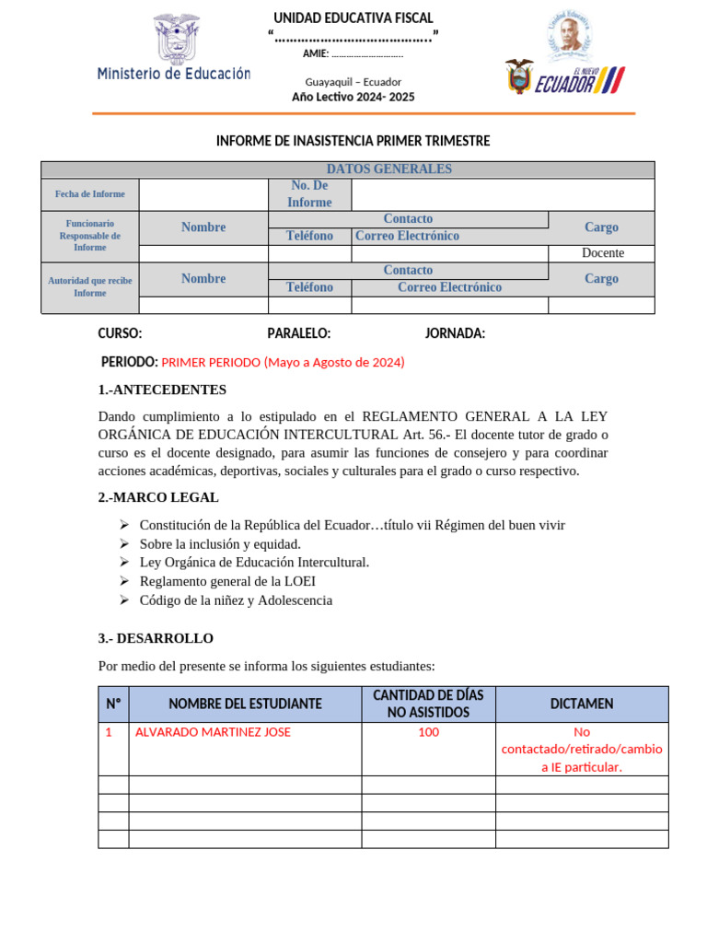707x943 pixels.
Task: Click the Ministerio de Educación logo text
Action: point(174,74)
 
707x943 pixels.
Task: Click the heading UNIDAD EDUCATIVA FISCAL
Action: point(353,18)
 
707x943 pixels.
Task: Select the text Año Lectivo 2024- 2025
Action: point(353,97)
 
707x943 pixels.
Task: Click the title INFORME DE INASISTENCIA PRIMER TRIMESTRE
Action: point(353,141)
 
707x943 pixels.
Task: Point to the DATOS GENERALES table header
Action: point(388,169)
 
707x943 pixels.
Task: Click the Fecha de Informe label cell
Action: point(89,194)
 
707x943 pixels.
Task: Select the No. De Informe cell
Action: point(309,194)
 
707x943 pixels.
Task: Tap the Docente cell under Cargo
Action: point(602,253)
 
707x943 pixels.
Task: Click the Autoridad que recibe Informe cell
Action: point(89,286)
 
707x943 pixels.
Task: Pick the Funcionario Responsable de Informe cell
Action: point(89,235)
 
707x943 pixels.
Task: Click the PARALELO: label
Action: point(299,333)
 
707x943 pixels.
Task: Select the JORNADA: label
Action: point(455,333)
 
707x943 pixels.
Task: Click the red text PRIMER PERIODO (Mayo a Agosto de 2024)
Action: point(283,363)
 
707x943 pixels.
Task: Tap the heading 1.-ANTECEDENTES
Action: point(162,390)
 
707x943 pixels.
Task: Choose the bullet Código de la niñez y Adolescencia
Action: point(236,600)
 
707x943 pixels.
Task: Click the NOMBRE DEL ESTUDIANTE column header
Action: point(245,704)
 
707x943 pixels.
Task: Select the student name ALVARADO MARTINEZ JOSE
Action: point(213,732)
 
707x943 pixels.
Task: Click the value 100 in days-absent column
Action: point(428,732)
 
